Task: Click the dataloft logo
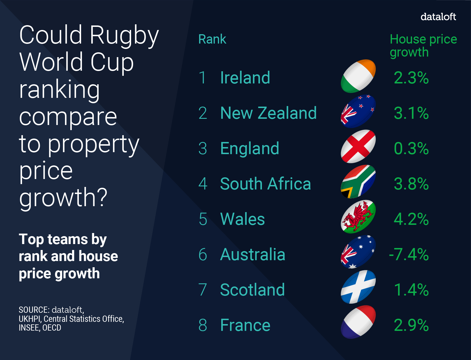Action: click(x=438, y=17)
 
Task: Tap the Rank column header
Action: click(x=212, y=39)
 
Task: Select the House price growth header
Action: click(x=423, y=45)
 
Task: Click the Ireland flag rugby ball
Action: click(x=358, y=76)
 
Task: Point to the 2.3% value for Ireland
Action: click(x=411, y=78)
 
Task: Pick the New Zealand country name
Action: click(x=268, y=113)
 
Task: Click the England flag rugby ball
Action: click(x=358, y=146)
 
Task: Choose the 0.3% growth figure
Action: click(x=411, y=148)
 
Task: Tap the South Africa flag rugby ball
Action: click(x=358, y=182)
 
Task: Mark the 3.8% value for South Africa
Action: click(x=411, y=184)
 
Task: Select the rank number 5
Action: click(x=203, y=219)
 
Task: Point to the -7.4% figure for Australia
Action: click(x=409, y=254)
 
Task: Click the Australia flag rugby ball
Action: click(x=358, y=252)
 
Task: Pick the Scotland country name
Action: click(x=252, y=290)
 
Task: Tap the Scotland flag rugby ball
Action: click(x=358, y=287)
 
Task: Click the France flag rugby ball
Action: click(x=358, y=322)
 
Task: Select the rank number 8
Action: click(x=203, y=325)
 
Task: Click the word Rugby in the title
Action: click(x=124, y=35)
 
